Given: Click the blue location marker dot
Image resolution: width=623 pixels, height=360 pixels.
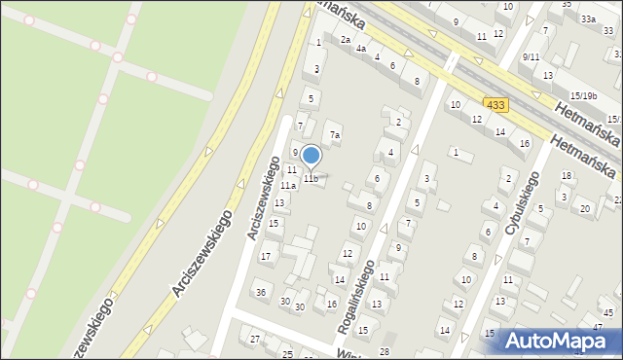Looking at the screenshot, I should click(311, 155).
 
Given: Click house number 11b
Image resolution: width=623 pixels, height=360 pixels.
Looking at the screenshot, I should click(310, 178).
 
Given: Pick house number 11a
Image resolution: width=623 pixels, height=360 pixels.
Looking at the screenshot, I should click(288, 185).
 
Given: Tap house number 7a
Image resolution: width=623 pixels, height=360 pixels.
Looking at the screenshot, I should click(334, 135).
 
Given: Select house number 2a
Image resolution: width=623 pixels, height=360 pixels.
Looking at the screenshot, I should click(345, 40).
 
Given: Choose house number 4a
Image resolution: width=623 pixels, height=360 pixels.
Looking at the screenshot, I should click(360, 48).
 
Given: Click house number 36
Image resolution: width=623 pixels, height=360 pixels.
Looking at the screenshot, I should click(260, 292).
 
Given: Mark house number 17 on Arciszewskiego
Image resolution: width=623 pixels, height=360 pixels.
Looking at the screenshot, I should click(265, 256).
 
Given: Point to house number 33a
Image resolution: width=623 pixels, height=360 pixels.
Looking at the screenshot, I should click(588, 18).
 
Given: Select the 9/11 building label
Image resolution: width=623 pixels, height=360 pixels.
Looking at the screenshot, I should click(531, 57).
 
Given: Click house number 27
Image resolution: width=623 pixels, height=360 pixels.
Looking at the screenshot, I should click(255, 339).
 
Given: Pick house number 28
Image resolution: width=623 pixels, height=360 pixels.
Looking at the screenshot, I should click(384, 350).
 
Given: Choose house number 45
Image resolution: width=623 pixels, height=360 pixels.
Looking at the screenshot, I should click(607, 312).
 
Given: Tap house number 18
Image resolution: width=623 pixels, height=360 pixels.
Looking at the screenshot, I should click(567, 175).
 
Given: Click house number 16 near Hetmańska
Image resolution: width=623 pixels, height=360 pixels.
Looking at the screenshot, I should click(525, 143).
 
